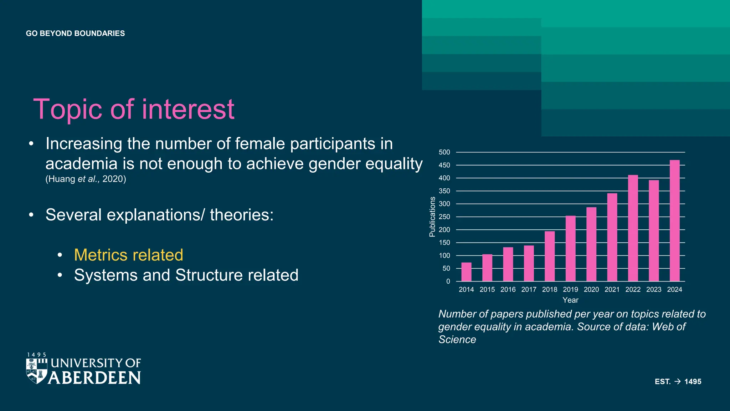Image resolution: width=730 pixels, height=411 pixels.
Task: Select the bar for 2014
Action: (x=466, y=272)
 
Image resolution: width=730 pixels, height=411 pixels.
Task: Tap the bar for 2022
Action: (x=633, y=228)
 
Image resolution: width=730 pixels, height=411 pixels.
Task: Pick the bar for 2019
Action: (x=570, y=248)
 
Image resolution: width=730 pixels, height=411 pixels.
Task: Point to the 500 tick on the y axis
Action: (x=444, y=152)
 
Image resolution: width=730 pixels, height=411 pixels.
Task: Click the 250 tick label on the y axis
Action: (x=444, y=217)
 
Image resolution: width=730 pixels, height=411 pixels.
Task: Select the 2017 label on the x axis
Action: (x=529, y=289)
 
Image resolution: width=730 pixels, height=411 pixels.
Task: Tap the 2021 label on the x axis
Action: (x=612, y=289)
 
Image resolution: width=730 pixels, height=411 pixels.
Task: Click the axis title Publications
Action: (x=432, y=217)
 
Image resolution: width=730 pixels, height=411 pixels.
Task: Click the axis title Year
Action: (x=570, y=300)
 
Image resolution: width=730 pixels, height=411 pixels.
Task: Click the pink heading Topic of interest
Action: (x=134, y=109)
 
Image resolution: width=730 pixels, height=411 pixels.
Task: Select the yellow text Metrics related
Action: (x=128, y=255)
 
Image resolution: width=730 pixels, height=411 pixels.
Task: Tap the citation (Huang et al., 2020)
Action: (x=86, y=179)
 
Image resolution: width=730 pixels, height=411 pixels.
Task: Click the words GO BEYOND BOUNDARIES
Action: (x=75, y=34)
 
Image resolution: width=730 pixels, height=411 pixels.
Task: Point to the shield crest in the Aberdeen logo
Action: (x=37, y=371)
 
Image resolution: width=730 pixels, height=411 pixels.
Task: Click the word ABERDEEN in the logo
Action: (x=94, y=378)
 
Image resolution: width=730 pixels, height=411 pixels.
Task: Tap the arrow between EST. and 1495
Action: (x=678, y=381)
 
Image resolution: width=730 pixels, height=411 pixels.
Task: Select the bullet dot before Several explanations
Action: (x=31, y=215)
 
